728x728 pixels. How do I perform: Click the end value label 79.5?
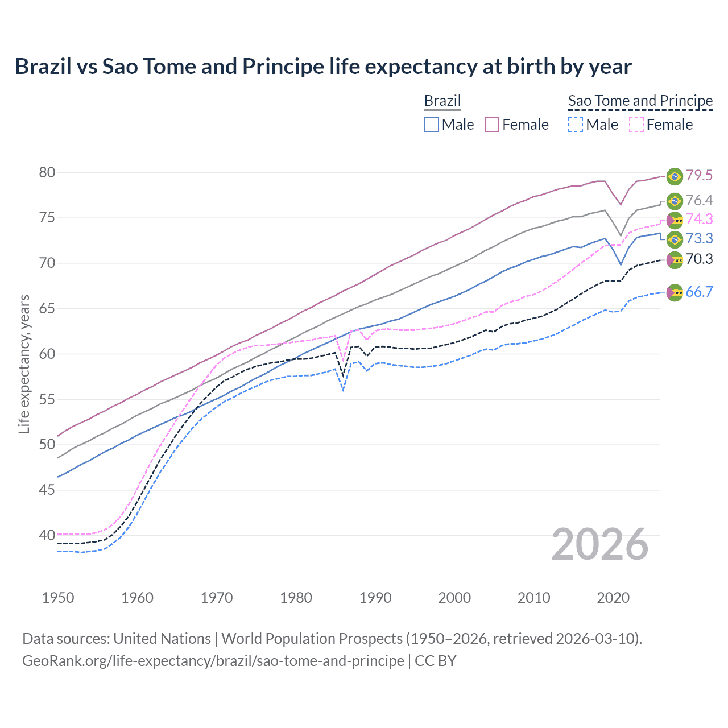coord(699,175)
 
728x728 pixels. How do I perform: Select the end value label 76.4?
coord(699,200)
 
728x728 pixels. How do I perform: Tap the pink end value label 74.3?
coord(699,219)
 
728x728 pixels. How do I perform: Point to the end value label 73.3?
coord(699,238)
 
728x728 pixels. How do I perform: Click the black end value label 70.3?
coord(699,259)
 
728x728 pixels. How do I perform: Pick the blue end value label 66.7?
coord(699,292)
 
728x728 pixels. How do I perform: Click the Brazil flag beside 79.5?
coord(675,176)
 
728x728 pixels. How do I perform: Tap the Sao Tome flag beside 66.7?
coord(675,292)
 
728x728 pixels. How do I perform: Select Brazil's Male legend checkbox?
coord(432,125)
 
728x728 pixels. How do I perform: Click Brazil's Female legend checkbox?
coord(492,125)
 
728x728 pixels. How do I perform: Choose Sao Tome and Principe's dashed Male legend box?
coord(576,125)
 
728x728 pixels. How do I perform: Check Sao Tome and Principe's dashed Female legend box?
coord(636,125)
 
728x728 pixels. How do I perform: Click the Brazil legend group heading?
coord(442,101)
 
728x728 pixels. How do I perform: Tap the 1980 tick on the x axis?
coord(296,598)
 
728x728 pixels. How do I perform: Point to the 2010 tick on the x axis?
coord(533,598)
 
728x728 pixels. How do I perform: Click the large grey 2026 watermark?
coord(600,544)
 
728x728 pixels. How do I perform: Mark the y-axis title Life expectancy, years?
coord(24,364)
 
